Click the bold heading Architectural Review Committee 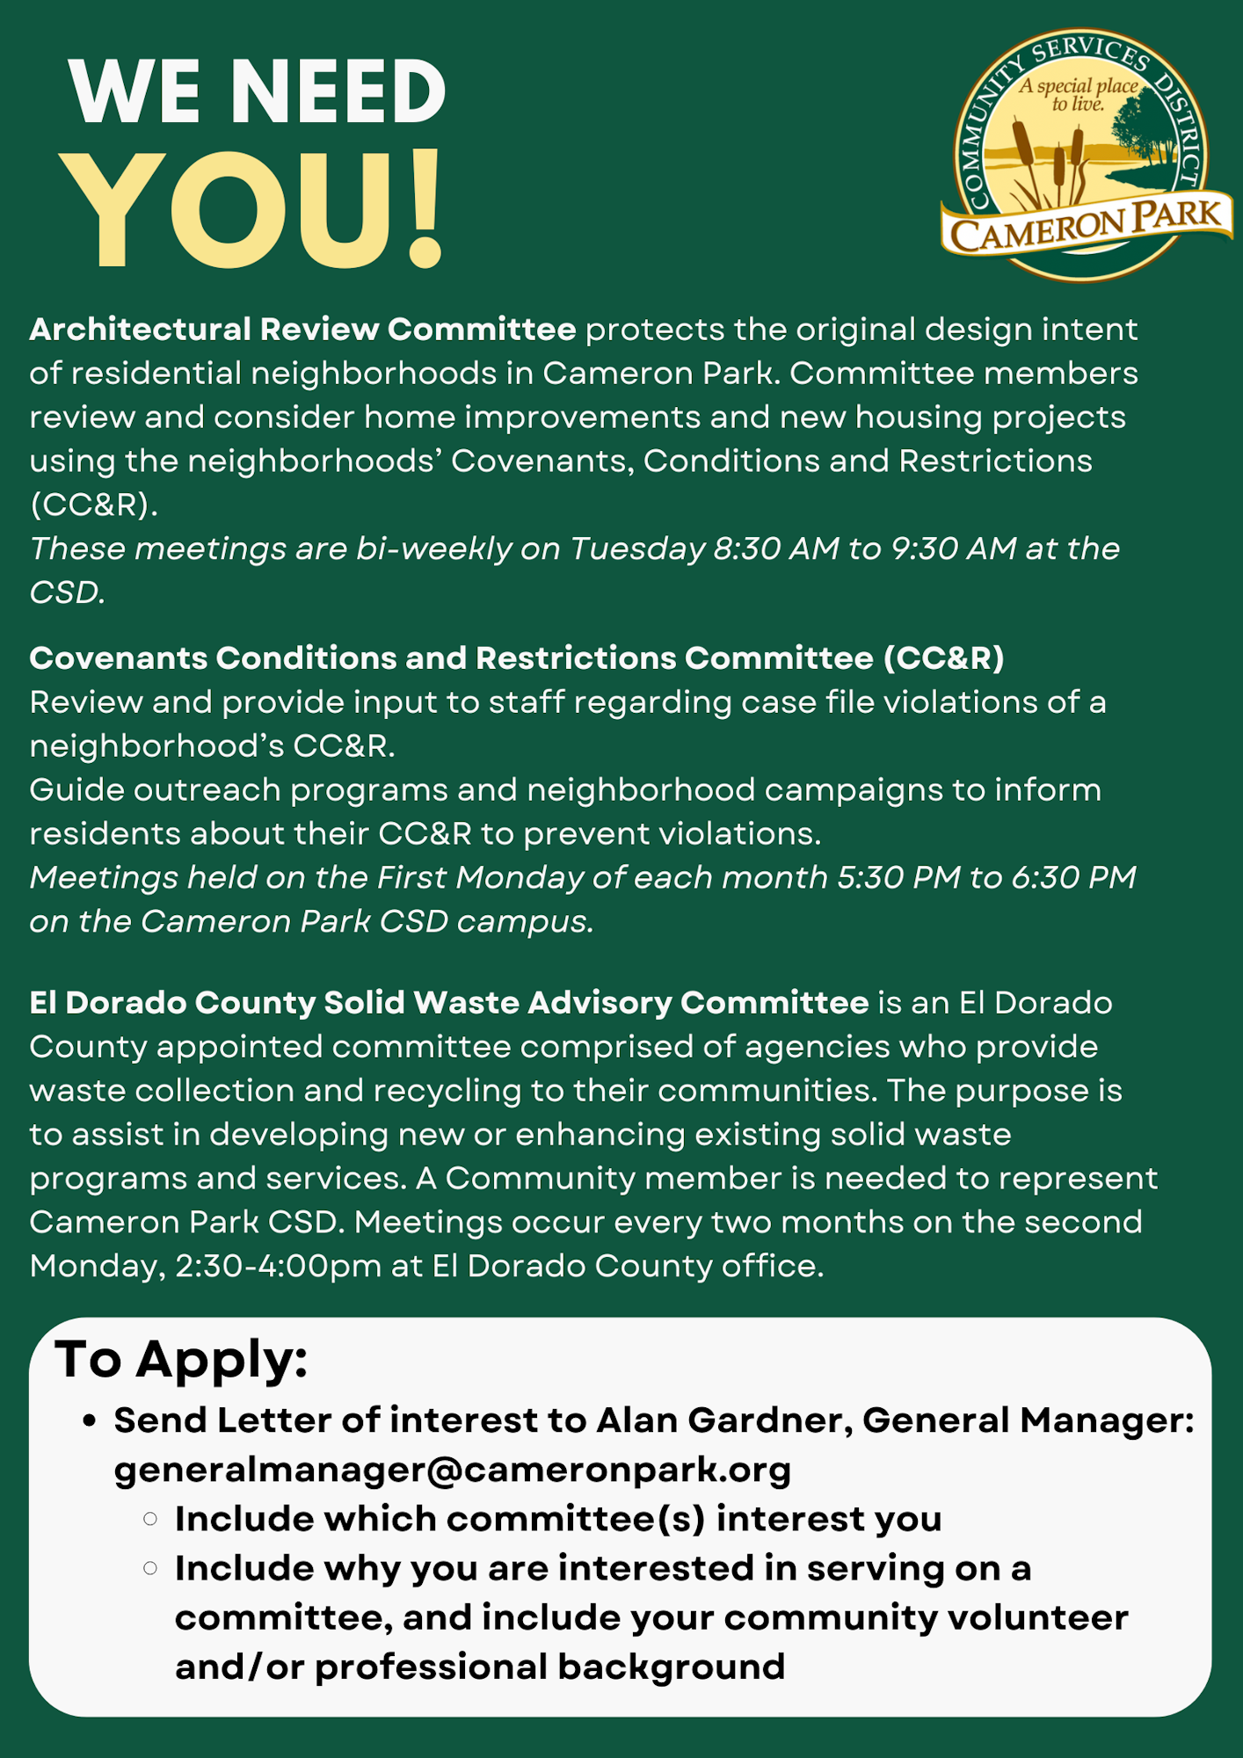point(302,330)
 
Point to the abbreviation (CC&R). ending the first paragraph point(94,505)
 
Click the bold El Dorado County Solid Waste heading point(448,1003)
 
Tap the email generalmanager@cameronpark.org point(453,1470)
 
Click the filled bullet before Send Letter point(89,1421)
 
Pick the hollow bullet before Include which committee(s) point(150,1519)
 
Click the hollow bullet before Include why point(150,1568)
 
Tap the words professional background point(549,1667)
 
